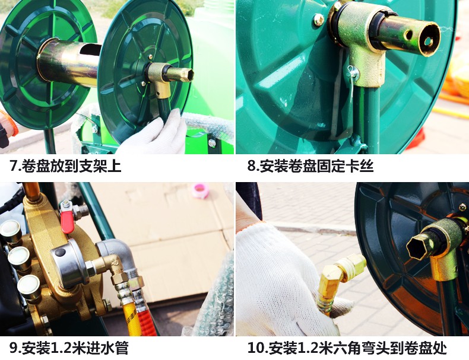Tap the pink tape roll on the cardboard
(x=200, y=191)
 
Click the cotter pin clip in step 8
(x=353, y=79)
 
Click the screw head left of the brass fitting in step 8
(x=319, y=20)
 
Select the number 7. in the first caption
(x=14, y=166)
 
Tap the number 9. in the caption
(x=14, y=348)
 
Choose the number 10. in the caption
(x=258, y=348)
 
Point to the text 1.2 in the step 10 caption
(x=308, y=348)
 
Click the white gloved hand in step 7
(x=156, y=135)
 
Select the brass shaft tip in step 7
(x=180, y=75)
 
